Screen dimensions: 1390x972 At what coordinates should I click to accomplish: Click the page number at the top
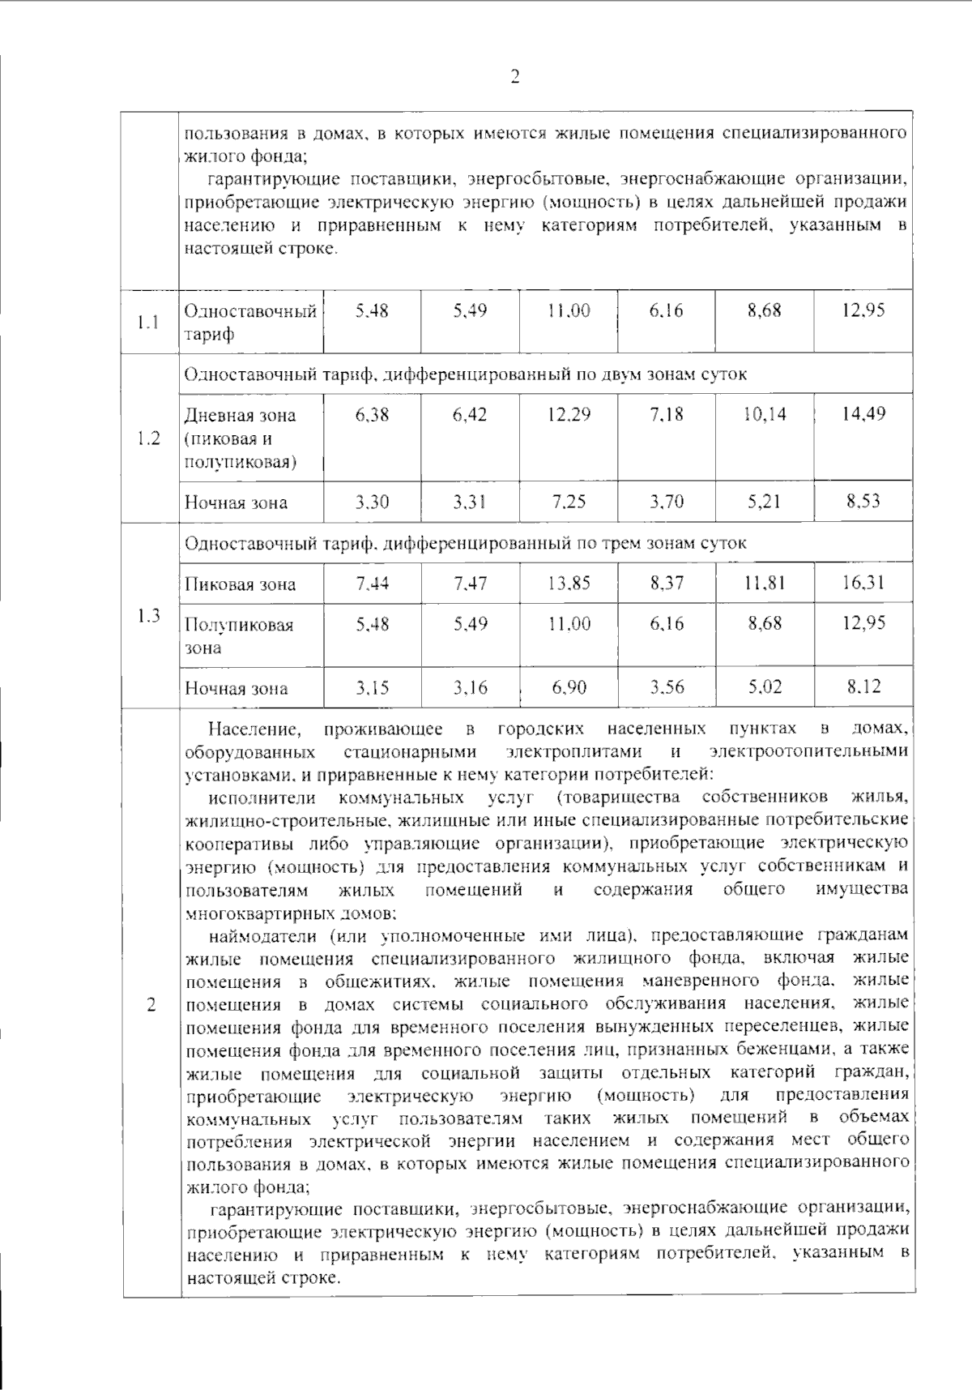point(514,77)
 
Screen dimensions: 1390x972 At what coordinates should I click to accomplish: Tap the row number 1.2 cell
point(149,438)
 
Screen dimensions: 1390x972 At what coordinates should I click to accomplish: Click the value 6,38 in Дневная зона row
point(372,415)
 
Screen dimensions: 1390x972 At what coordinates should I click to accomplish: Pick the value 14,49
point(863,414)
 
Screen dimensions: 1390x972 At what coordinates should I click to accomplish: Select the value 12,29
point(569,415)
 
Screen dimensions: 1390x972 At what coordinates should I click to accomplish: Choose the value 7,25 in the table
point(569,502)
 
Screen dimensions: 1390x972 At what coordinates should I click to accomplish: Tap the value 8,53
point(863,501)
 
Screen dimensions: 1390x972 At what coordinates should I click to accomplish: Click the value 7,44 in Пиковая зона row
point(372,583)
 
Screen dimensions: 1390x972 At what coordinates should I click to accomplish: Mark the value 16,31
point(863,582)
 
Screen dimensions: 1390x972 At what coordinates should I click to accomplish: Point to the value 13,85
point(569,583)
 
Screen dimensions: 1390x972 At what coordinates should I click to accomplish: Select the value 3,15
point(372,688)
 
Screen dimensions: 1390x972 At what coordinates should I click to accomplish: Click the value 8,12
point(863,686)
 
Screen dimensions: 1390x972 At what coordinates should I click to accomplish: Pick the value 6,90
point(569,688)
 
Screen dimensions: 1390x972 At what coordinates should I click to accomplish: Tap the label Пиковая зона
point(240,584)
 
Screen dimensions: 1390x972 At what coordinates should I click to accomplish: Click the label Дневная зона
point(240,416)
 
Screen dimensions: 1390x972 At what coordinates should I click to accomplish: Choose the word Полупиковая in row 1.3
point(239,625)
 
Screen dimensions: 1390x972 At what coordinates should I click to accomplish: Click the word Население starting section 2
point(254,729)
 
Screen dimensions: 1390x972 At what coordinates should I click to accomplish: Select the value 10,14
point(765,415)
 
